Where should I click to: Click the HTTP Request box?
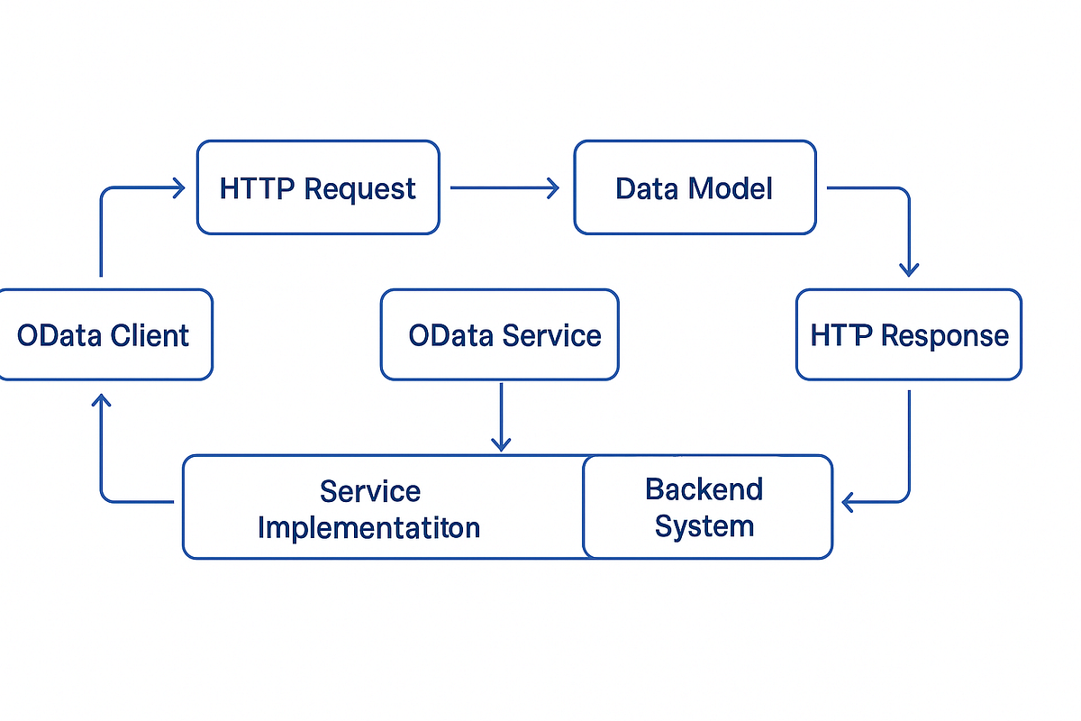pos(317,187)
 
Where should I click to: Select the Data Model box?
pos(695,187)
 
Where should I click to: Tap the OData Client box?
pos(104,334)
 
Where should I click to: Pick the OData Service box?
pos(500,334)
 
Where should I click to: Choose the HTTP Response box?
pos(909,334)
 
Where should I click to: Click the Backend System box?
pos(707,507)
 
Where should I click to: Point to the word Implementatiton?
pos(368,527)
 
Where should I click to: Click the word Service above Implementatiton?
pos(369,491)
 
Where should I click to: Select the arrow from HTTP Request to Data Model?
pos(504,187)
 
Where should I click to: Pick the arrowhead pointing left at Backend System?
pos(848,501)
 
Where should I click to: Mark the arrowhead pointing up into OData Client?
pos(102,402)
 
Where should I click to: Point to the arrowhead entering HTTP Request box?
pos(177,187)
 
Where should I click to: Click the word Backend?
pos(704,489)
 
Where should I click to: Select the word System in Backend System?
pos(704,525)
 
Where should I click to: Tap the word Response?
pos(945,336)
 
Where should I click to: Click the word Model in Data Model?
pos(731,188)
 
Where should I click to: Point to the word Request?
pos(360,189)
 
